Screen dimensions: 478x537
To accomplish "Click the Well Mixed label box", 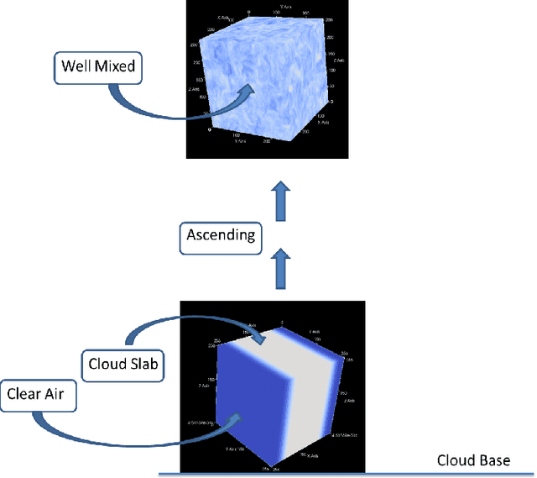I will tap(96, 65).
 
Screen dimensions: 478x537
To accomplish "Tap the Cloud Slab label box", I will tap(123, 365).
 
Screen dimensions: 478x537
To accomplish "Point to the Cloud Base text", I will tap(473, 460).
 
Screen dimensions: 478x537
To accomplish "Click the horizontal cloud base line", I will tap(336, 475).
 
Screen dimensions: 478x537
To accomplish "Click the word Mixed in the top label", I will tap(115, 65).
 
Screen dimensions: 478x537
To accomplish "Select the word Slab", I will tap(144, 365).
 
